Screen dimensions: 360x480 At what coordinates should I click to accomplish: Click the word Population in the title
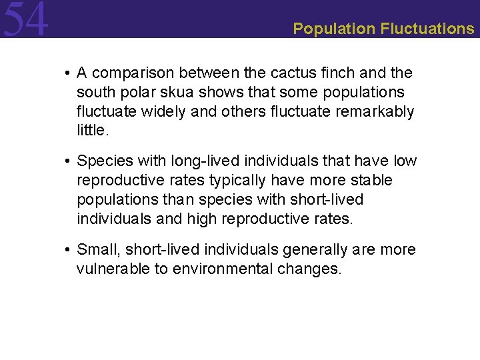(334, 29)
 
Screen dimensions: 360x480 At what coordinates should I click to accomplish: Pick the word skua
(174, 92)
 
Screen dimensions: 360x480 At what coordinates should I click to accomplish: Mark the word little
(91, 131)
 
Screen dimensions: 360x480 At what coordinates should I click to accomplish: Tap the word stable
(374, 181)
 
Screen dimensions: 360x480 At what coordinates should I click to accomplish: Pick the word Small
(95, 250)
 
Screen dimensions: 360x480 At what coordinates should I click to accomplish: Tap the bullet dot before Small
(69, 251)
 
